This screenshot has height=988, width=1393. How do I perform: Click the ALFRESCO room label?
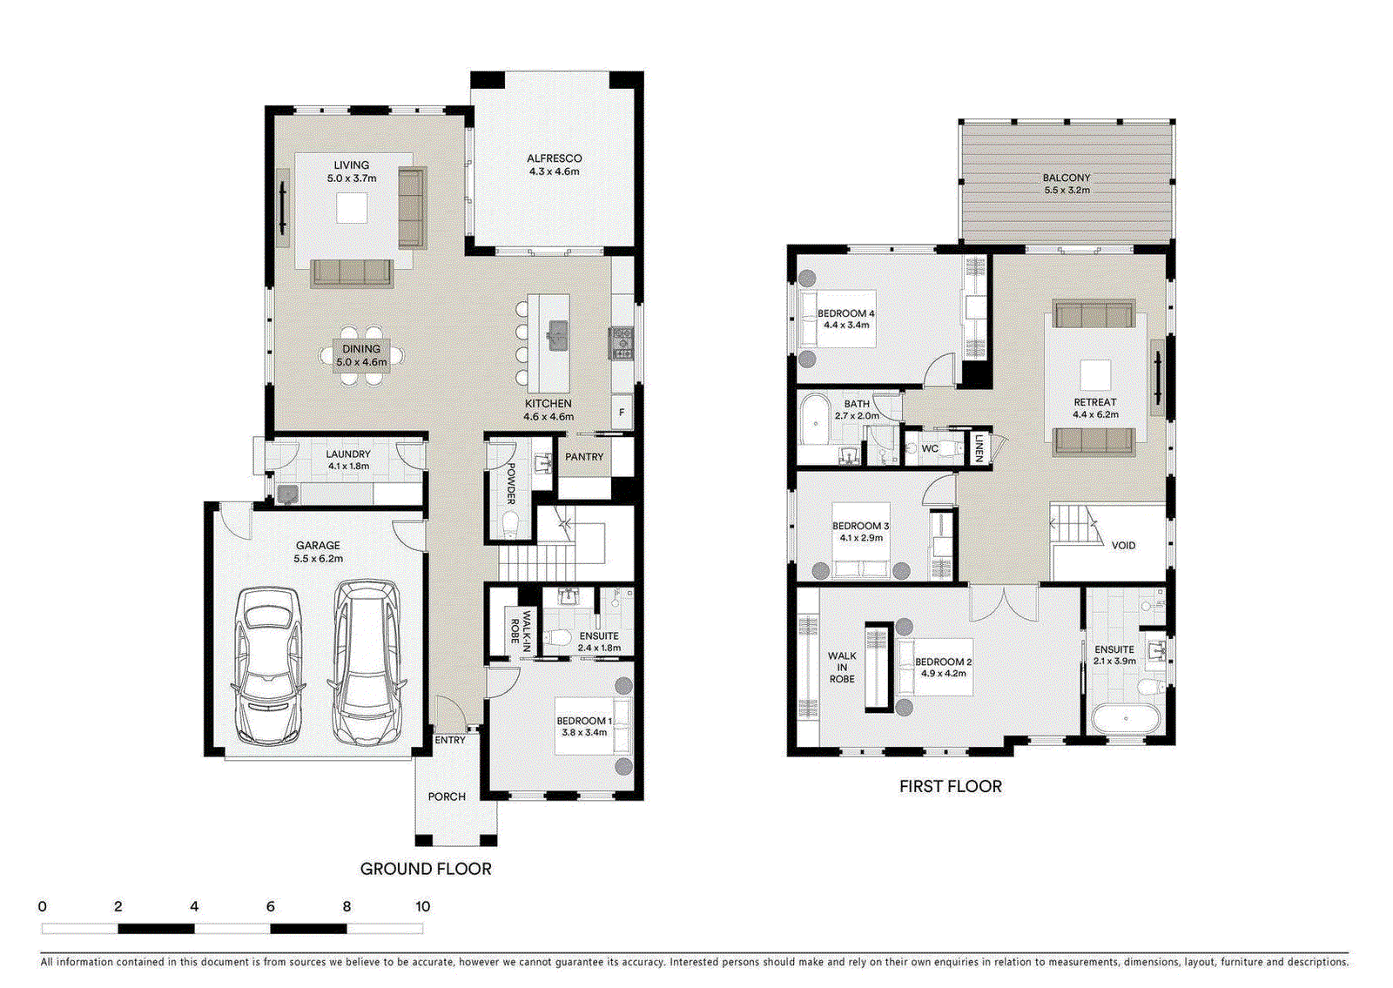(554, 158)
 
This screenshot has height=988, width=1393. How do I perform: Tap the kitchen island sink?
(557, 333)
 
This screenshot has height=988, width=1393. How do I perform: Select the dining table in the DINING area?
(361, 355)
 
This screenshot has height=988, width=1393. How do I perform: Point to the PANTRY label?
(584, 457)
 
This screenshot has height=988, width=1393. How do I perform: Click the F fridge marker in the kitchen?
(622, 413)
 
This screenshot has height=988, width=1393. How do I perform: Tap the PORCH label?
(447, 796)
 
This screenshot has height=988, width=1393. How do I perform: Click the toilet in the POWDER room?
(511, 523)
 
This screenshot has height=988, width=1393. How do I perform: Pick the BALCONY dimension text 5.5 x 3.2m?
(1067, 190)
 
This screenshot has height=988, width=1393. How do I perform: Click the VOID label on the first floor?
(1123, 546)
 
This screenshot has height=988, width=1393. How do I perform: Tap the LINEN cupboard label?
(979, 447)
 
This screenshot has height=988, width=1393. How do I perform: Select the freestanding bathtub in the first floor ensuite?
(1126, 719)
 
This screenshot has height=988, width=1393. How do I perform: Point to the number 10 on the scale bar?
(422, 907)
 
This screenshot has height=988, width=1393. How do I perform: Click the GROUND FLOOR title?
(426, 869)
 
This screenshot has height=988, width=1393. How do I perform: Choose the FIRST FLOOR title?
(950, 787)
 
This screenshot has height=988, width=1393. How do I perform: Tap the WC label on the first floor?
(930, 449)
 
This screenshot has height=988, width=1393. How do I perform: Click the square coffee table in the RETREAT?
(1095, 375)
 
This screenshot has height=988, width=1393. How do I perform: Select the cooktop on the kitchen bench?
(620, 343)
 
